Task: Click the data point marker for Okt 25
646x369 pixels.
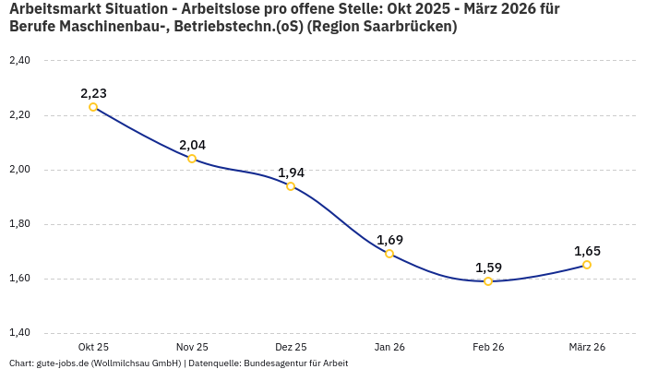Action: pyautogui.click(x=93, y=107)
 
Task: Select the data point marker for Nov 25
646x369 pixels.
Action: pyautogui.click(x=192, y=159)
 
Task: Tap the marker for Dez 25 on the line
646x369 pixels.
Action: pyautogui.click(x=291, y=186)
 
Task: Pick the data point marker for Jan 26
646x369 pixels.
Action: pyautogui.click(x=389, y=254)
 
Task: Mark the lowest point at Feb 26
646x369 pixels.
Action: pyautogui.click(x=488, y=281)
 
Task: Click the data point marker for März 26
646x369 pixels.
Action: pyautogui.click(x=587, y=265)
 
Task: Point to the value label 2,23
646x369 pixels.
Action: pyautogui.click(x=93, y=93)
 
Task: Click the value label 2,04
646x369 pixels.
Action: pyautogui.click(x=192, y=145)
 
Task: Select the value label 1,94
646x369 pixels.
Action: pyautogui.click(x=291, y=173)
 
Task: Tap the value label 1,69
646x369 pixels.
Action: pyautogui.click(x=389, y=240)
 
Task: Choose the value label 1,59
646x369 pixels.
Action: pyautogui.click(x=488, y=268)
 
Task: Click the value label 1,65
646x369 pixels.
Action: pyautogui.click(x=587, y=251)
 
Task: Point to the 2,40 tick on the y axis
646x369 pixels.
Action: pyautogui.click(x=19, y=61)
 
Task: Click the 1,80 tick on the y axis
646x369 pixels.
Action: pyautogui.click(x=19, y=224)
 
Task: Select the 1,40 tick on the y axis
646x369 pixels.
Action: pyautogui.click(x=19, y=333)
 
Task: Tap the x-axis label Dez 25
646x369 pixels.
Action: pyautogui.click(x=291, y=347)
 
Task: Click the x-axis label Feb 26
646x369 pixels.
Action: pyautogui.click(x=488, y=347)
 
